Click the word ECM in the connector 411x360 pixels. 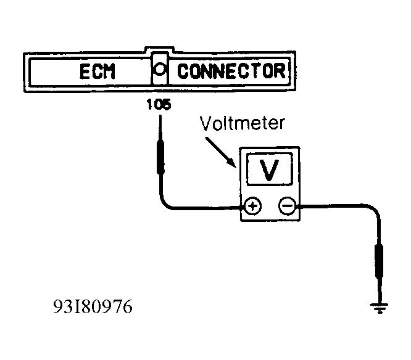pyautogui.click(x=98, y=72)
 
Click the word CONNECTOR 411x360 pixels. pyautogui.click(x=231, y=71)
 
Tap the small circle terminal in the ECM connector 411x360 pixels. pyautogui.click(x=159, y=69)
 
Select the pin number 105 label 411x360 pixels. pyautogui.click(x=159, y=104)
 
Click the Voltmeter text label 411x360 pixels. pyautogui.click(x=242, y=123)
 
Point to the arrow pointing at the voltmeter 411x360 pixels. pyautogui.click(x=220, y=152)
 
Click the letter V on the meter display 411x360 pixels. pyautogui.click(x=269, y=170)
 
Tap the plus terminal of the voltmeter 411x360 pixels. pyautogui.click(x=252, y=206)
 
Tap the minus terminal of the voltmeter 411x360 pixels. pyautogui.click(x=288, y=206)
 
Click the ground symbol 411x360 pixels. pyautogui.click(x=379, y=308)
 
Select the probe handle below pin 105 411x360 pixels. pyautogui.click(x=160, y=157)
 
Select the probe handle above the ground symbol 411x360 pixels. pyautogui.click(x=379, y=261)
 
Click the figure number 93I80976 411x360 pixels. pyautogui.click(x=93, y=306)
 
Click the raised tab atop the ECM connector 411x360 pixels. pyautogui.click(x=159, y=49)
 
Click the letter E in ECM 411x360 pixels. pyautogui.click(x=85, y=72)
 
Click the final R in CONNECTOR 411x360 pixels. pyautogui.click(x=280, y=71)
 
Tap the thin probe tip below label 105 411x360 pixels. pyautogui.click(x=160, y=128)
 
